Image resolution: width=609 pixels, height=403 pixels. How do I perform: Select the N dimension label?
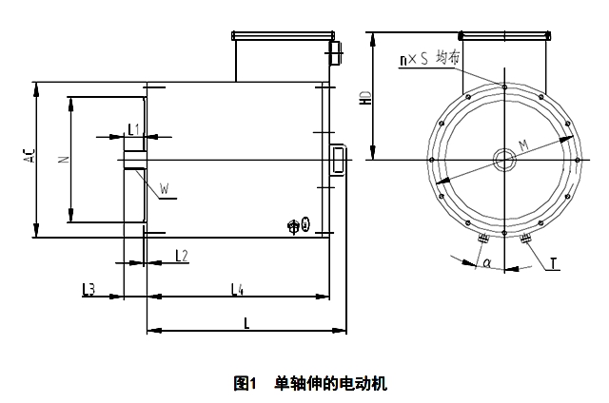point(63,161)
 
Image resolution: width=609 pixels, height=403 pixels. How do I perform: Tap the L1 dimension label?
point(133,127)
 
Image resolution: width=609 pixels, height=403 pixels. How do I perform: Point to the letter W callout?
point(165,190)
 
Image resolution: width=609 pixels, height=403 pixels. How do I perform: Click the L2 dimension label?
point(182,255)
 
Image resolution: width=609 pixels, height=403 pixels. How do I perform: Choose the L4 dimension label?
point(237,286)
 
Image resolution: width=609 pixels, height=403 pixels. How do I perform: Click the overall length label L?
point(246,322)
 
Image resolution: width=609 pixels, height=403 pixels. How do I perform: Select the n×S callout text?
point(414,59)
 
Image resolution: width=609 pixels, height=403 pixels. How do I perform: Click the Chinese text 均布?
point(447,58)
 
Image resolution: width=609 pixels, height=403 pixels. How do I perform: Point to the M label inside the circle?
point(522,144)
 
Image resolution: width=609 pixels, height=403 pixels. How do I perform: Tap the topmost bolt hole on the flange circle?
point(503,86)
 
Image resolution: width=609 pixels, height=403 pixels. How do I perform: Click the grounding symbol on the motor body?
point(298,225)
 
